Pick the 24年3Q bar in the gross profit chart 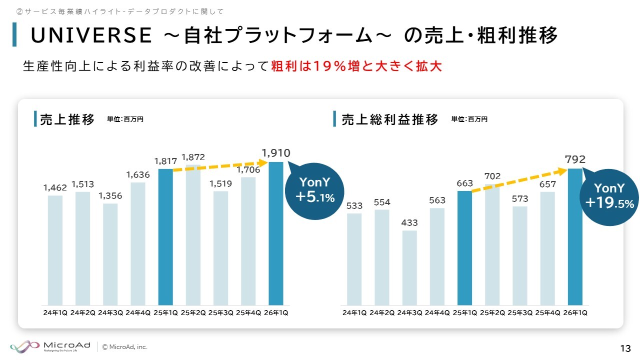[409, 267]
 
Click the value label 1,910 [276, 153]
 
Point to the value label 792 [575, 160]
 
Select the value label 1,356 [110, 195]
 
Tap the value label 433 [409, 222]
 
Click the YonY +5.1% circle [314, 190]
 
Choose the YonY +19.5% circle [609, 195]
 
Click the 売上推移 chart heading [67, 119]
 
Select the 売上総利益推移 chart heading [390, 119]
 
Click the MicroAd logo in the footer [50, 346]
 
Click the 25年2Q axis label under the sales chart [193, 313]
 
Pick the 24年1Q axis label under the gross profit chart [354, 313]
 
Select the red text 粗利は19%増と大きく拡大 [356, 66]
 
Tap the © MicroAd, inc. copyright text [125, 346]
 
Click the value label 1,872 [193, 157]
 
